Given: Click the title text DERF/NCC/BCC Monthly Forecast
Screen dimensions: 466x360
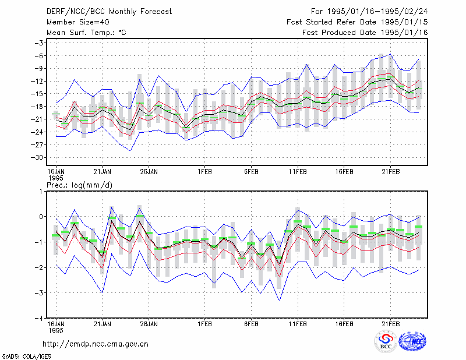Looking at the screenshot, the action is click(109, 12).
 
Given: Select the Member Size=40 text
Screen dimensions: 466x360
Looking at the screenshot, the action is click(78, 22).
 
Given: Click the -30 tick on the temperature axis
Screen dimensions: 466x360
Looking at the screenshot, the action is click(37, 157).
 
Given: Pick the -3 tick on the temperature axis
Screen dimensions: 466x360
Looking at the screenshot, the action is click(38, 43).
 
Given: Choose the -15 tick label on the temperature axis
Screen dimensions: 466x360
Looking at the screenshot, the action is click(37, 94).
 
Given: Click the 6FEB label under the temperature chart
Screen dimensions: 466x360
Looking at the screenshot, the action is click(251, 172).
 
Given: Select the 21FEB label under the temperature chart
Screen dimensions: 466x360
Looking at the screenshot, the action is click(390, 172).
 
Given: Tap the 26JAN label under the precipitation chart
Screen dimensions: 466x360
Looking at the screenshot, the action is click(149, 324).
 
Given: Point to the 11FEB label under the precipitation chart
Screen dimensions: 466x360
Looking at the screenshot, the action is click(298, 324).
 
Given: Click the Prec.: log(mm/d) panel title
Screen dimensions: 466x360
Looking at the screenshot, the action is click(79, 185).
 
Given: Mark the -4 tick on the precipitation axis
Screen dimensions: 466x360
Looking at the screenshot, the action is click(38, 319).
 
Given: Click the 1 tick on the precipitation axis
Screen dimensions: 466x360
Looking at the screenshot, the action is click(41, 192).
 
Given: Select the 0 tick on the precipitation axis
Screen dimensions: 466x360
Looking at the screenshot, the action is click(41, 217).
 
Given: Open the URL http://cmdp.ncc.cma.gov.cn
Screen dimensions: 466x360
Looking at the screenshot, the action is click(96, 344).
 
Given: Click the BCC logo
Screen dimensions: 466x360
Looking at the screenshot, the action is click(386, 341).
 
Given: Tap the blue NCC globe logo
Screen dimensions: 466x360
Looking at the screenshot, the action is click(412, 341).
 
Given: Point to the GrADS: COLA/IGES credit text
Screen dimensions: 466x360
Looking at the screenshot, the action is click(26, 357).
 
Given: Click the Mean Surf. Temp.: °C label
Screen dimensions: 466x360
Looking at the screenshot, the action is click(86, 33).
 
